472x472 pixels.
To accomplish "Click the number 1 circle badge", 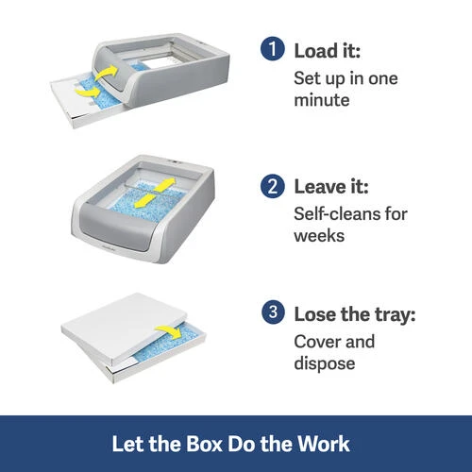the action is click(273, 48).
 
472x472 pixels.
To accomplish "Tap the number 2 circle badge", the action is click(273, 186).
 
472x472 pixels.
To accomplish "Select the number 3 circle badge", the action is click(273, 312).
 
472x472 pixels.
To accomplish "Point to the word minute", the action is click(322, 100).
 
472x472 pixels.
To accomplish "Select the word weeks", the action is click(319, 236).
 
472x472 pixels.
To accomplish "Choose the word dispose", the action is click(325, 364).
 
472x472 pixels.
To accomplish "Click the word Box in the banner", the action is click(204, 444).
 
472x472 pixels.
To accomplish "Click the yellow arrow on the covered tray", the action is click(169, 332).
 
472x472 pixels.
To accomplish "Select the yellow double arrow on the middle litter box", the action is click(155, 193).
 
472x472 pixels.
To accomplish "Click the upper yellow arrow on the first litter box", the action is click(106, 74).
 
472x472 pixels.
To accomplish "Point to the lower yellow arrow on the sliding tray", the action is click(87, 92).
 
